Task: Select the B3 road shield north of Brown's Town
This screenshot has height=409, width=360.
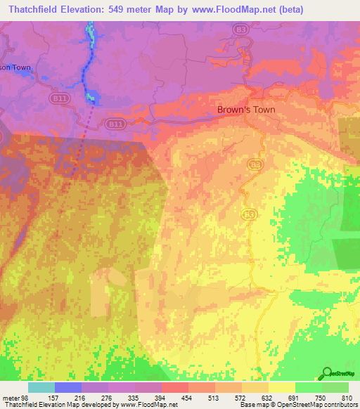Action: click(241, 30)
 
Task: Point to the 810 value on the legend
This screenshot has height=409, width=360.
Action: click(347, 398)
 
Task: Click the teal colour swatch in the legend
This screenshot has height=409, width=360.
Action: click(41, 387)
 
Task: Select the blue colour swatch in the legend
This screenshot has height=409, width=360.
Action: click(67, 387)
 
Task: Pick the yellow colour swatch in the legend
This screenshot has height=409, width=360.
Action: click(281, 387)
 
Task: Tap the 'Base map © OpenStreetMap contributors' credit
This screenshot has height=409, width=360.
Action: click(298, 405)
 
